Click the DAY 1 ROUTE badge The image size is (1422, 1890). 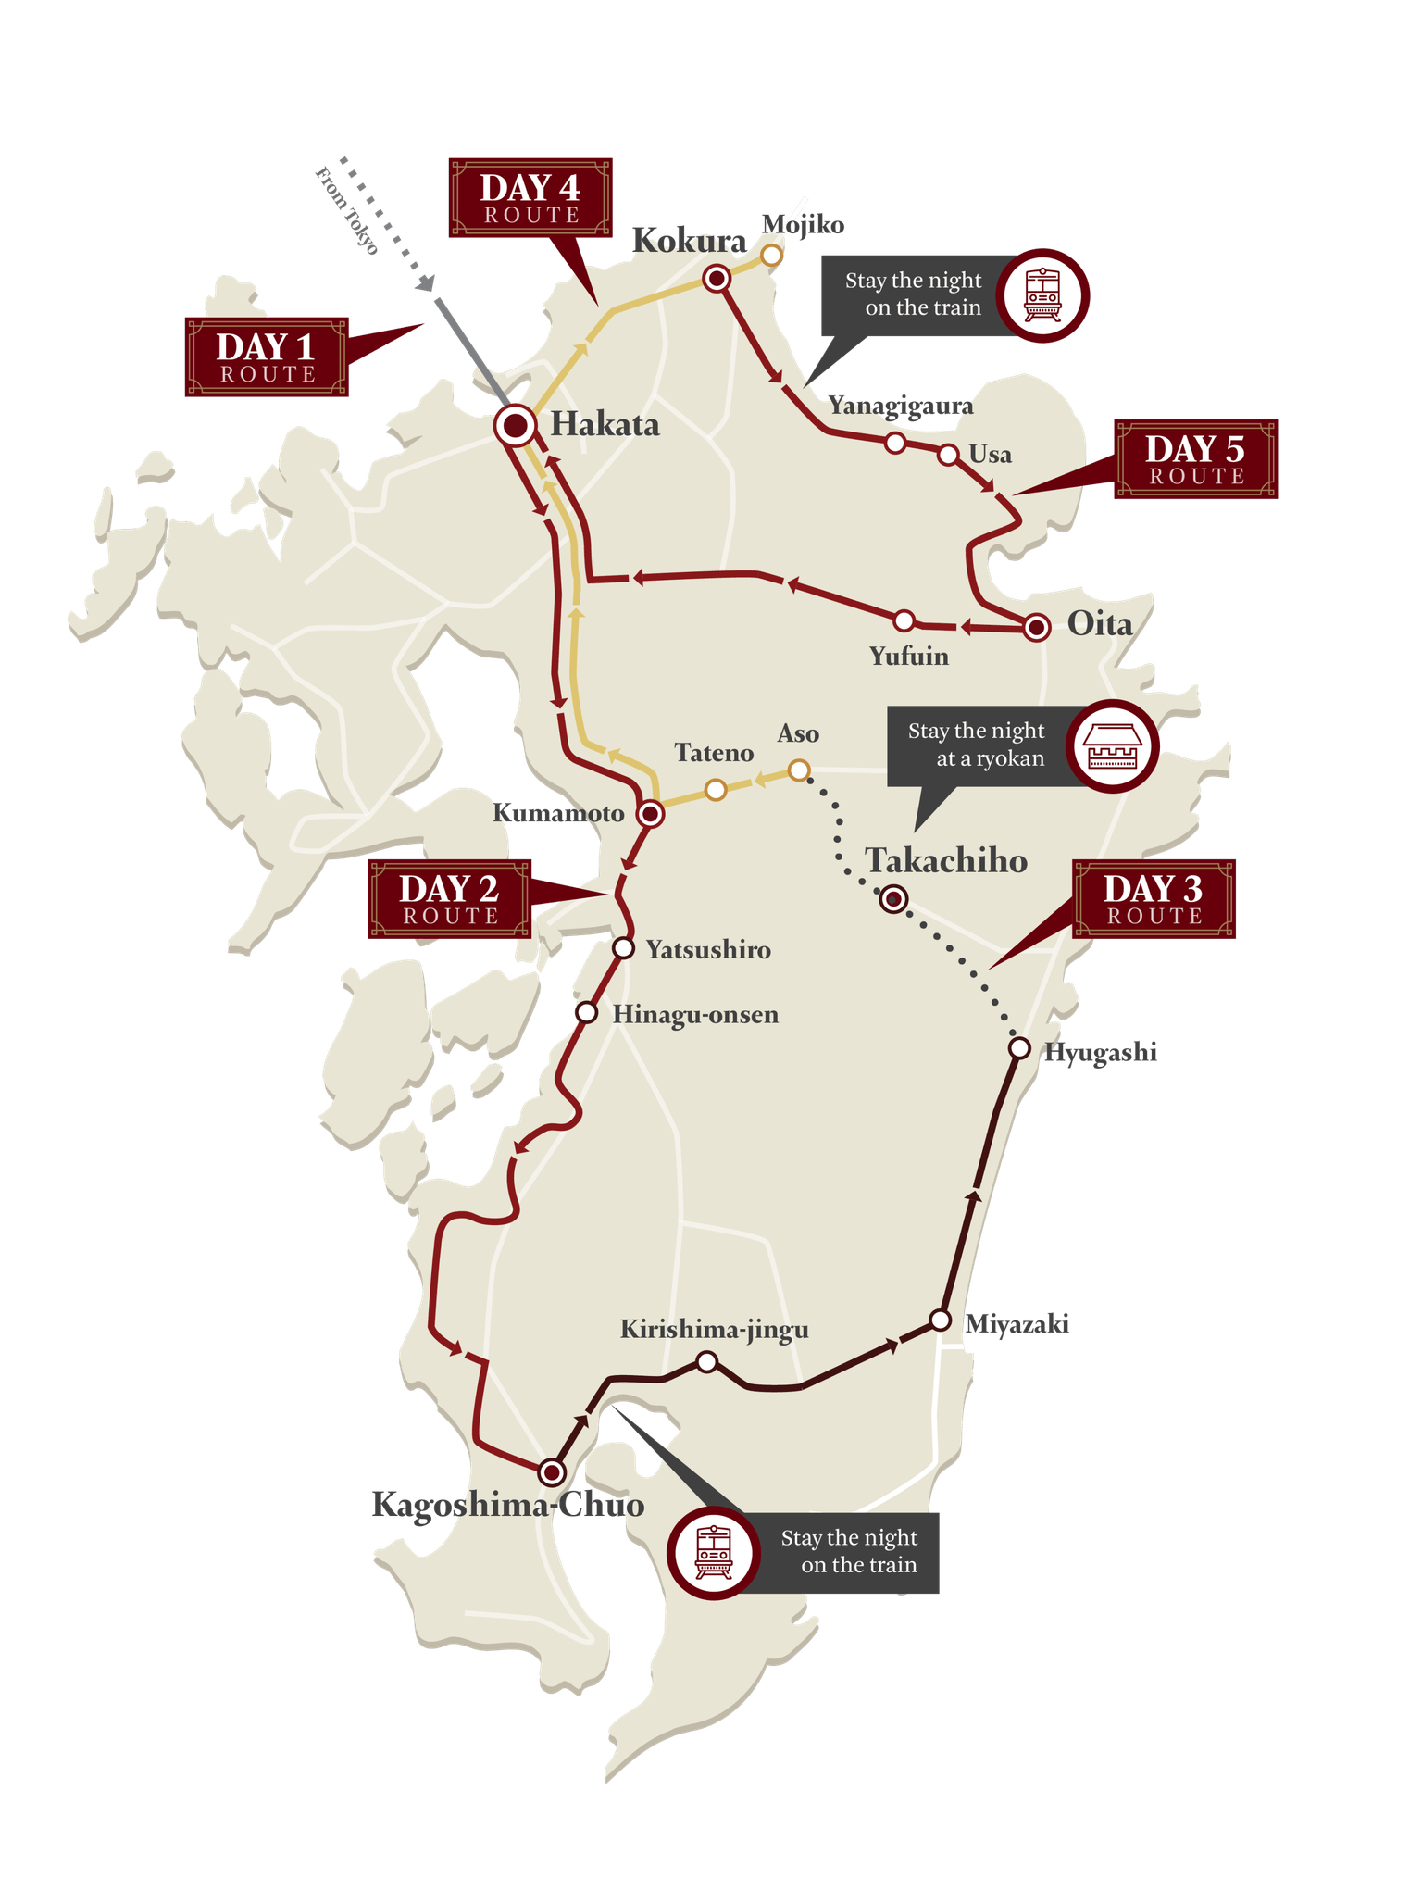coord(267,357)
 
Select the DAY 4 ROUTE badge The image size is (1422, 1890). coord(530,198)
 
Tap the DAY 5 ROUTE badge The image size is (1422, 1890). coord(1196,459)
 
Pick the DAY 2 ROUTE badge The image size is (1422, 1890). coord(450,899)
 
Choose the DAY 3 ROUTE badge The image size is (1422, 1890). coord(1154,899)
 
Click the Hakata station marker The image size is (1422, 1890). coord(515,426)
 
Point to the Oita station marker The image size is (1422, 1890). coord(1037,628)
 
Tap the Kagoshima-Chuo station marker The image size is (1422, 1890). coord(552,1471)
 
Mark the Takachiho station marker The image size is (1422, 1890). coord(893,898)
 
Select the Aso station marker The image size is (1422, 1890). coord(799,770)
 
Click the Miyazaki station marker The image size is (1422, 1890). coord(941,1320)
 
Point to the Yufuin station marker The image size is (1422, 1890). coord(904,620)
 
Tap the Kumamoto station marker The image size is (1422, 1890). coord(652,814)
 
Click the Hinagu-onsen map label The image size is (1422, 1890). coord(695,1015)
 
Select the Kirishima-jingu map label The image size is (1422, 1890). coord(714,1330)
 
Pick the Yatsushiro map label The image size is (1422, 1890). coord(708,950)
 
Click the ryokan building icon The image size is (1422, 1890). coord(1112,745)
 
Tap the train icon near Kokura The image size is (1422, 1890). coord(1042,295)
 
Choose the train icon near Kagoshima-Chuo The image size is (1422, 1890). coord(714,1553)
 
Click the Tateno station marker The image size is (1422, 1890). coord(716,790)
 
